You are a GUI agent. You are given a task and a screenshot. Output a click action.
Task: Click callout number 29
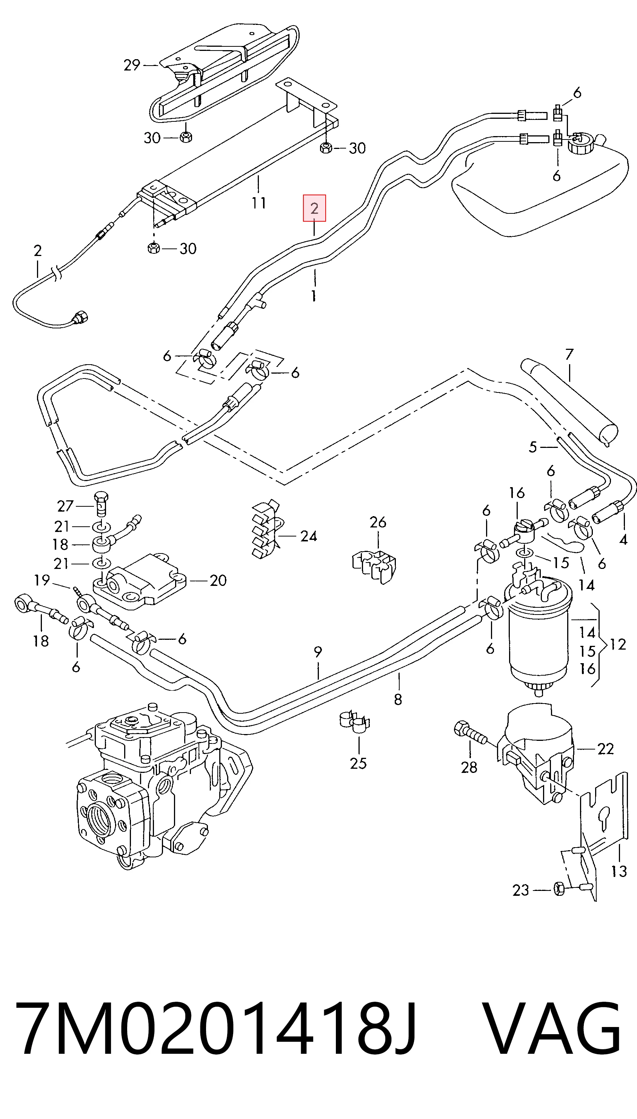[x=132, y=65]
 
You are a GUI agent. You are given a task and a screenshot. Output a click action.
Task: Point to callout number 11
[x=258, y=203]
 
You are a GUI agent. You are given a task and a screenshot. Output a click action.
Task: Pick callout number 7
[x=569, y=354]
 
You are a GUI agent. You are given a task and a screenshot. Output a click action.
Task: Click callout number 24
[x=308, y=537]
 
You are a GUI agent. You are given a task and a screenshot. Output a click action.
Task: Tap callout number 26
[x=378, y=522]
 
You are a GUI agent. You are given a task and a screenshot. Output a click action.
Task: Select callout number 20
[x=218, y=581]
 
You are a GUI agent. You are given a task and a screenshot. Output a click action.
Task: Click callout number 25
[x=358, y=763]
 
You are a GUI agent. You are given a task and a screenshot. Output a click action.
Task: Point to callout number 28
[x=469, y=767]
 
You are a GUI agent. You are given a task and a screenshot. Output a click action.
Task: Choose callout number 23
[x=521, y=890]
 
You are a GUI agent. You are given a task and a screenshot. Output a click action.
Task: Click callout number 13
[x=619, y=871]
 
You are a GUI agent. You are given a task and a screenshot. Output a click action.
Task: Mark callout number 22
[x=606, y=749]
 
